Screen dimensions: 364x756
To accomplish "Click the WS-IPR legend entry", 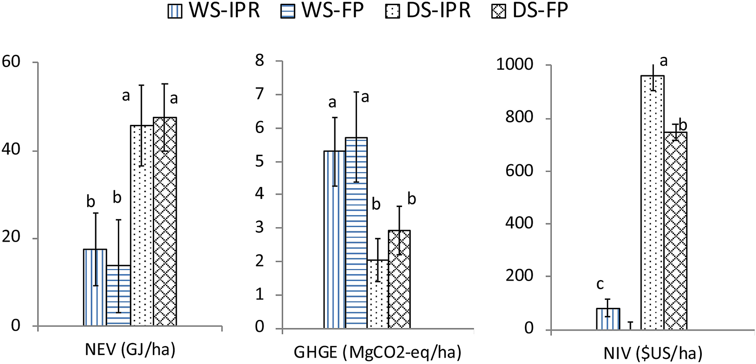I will (214, 11).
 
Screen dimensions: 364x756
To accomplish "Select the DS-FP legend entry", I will (530, 11).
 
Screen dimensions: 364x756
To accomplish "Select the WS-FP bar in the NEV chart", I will (118, 295).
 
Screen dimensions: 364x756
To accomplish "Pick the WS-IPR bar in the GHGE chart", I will (334, 240).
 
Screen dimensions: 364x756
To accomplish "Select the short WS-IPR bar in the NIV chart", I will (608, 319).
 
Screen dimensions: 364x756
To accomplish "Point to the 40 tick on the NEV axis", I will (12, 150).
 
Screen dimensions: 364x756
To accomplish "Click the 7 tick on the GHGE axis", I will (260, 94).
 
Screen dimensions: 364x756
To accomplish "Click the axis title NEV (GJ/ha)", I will (130, 350).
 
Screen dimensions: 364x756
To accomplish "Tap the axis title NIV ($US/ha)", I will (653, 353).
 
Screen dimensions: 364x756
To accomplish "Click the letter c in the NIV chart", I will (600, 284).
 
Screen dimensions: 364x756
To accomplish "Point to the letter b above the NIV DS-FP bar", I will (683, 125).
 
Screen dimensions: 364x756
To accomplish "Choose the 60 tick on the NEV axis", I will (11, 62).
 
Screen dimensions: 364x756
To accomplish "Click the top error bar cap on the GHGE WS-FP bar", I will (356, 92).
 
